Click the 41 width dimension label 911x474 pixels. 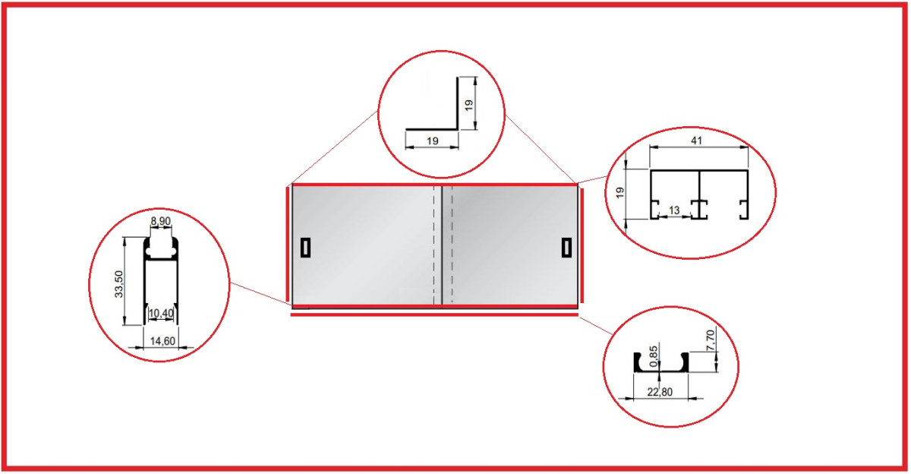[x=697, y=141]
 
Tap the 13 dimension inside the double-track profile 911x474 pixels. [x=674, y=210]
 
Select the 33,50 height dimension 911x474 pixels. [x=118, y=284]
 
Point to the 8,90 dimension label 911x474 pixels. [x=161, y=221]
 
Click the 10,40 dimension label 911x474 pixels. [x=161, y=313]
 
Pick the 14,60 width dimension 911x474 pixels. [x=162, y=341]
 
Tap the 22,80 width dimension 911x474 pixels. [x=660, y=392]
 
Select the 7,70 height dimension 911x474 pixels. [x=710, y=340]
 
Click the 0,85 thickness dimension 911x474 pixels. [x=653, y=356]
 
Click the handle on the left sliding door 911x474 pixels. [x=305, y=248]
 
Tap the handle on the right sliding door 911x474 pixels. [x=566, y=248]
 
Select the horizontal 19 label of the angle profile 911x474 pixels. [x=432, y=141]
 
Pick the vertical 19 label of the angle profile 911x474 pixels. [x=469, y=106]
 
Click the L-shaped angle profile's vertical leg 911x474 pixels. [x=457, y=103]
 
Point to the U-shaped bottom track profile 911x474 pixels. [x=661, y=363]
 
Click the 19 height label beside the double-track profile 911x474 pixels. [x=619, y=192]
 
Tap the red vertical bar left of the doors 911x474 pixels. [x=288, y=244]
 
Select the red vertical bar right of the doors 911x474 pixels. [x=582, y=246]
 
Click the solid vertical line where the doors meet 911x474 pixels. [x=442, y=245]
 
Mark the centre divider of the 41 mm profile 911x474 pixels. [x=699, y=194]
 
